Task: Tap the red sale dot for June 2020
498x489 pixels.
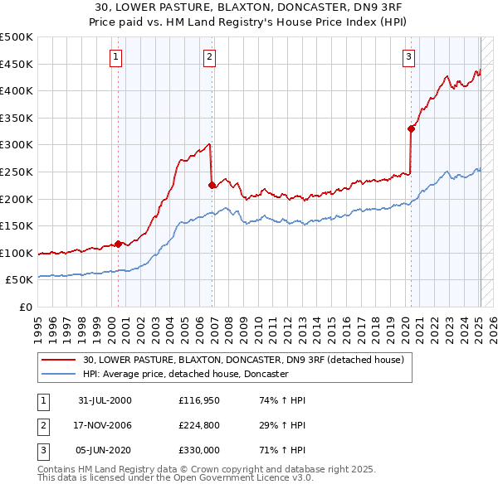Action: (x=411, y=128)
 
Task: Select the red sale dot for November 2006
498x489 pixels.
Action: (x=212, y=186)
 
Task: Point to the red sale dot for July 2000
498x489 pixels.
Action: (x=118, y=244)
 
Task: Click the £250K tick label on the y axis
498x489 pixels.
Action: (x=17, y=172)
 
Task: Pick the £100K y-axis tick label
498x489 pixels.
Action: (x=17, y=253)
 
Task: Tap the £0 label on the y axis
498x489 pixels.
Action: (x=26, y=307)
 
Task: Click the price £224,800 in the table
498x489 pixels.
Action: (x=197, y=425)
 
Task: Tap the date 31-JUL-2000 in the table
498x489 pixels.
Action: (x=105, y=400)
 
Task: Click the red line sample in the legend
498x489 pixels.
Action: (x=58, y=361)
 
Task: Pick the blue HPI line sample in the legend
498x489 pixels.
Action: (x=58, y=375)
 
